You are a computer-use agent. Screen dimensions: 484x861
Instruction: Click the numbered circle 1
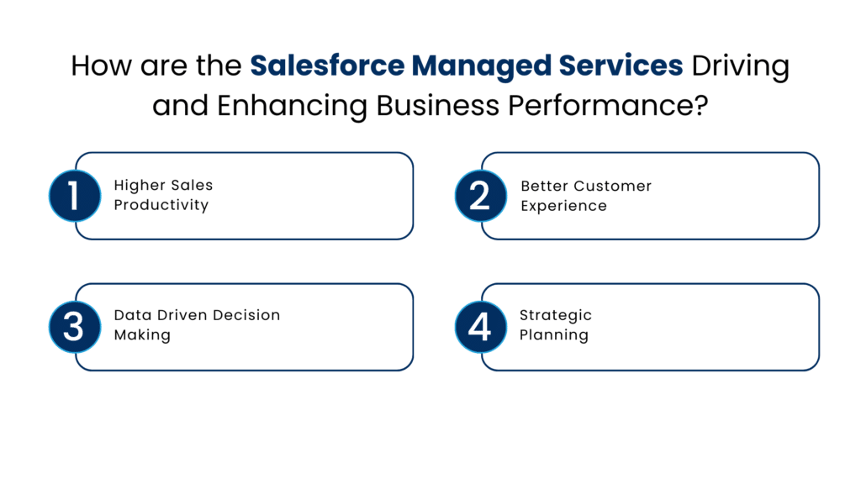74,196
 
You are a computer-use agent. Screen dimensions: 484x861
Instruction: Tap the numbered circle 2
479,196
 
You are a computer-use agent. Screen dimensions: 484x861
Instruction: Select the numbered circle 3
74,326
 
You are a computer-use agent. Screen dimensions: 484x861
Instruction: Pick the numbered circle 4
479,326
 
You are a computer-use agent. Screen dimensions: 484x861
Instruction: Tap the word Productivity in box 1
161,206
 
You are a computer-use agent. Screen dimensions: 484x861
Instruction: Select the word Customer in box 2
611,186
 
